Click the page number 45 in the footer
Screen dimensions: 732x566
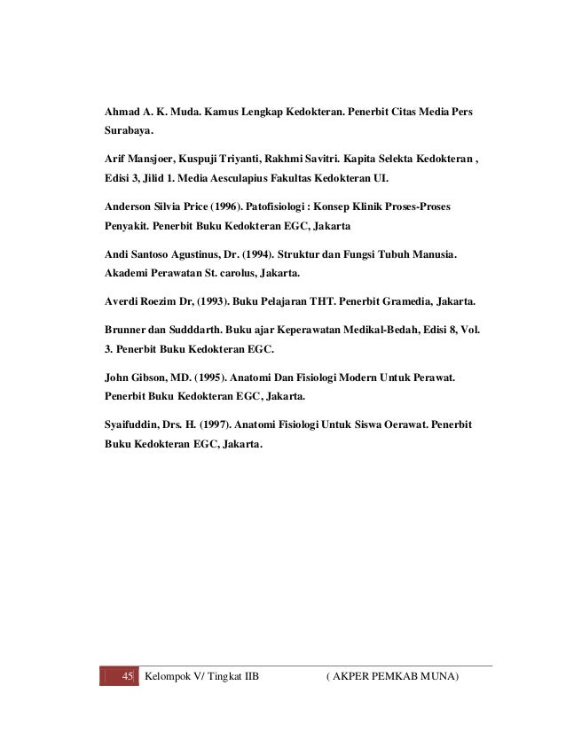(126, 679)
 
